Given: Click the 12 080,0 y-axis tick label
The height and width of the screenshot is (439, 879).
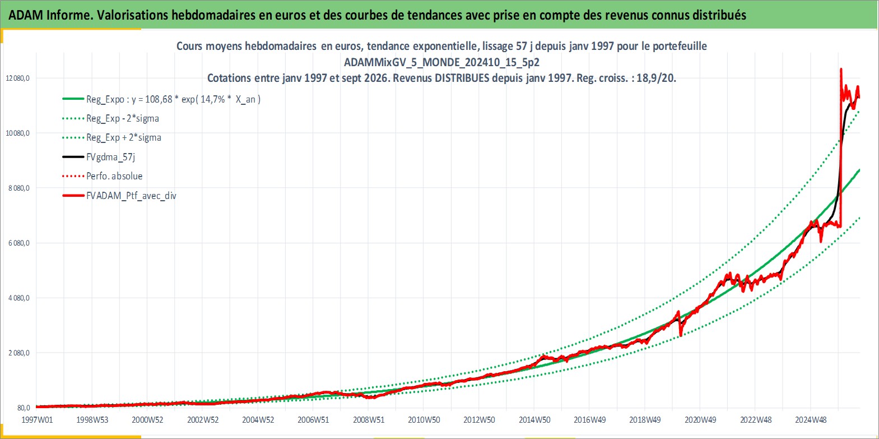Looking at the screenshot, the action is pyautogui.click(x=18, y=78).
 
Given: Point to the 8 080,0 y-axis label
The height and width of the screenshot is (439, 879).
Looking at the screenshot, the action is pyautogui.click(x=19, y=188).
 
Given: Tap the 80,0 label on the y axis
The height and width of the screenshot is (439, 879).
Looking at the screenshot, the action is pyautogui.click(x=24, y=408).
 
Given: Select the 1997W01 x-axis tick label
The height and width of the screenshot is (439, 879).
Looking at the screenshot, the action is pyautogui.click(x=37, y=420).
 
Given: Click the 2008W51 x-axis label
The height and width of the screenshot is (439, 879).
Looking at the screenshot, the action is pyautogui.click(x=369, y=420).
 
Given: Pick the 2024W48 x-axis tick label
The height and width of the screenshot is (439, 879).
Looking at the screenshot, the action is pyautogui.click(x=811, y=420).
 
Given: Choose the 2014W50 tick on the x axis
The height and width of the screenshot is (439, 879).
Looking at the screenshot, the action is pyautogui.click(x=534, y=420).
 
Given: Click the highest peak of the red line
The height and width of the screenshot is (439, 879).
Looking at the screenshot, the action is pyautogui.click(x=841, y=69).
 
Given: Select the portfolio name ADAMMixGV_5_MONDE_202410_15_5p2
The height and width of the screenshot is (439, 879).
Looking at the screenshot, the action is pyautogui.click(x=441, y=62).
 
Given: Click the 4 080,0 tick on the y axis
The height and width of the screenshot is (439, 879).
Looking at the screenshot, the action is pyautogui.click(x=19, y=298).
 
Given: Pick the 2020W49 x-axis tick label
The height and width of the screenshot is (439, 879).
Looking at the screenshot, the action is pyautogui.click(x=700, y=420).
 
